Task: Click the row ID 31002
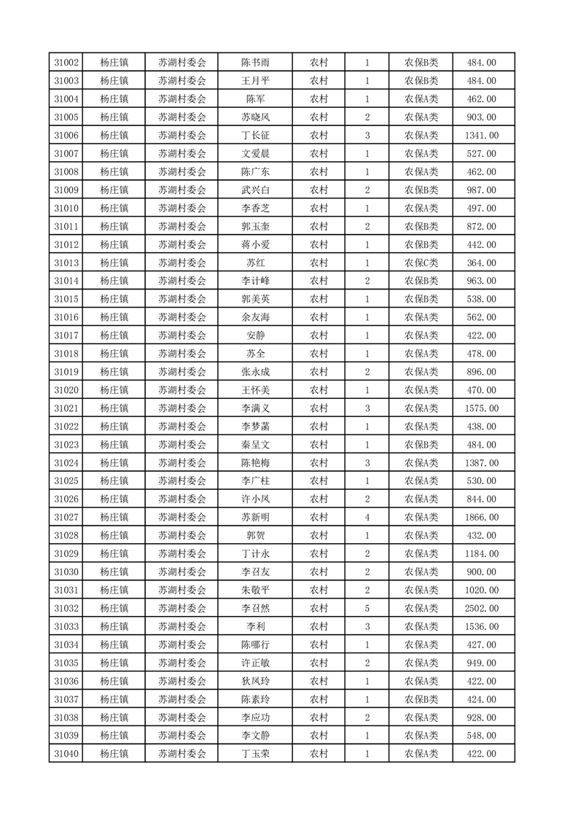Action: [x=66, y=63]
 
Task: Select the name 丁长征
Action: [x=255, y=136]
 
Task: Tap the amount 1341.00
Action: [x=481, y=136]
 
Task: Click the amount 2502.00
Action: [x=481, y=608]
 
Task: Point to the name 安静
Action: [x=255, y=335]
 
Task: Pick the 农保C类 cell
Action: [x=421, y=262]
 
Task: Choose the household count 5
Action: [x=367, y=608]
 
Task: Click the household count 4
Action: [x=367, y=517]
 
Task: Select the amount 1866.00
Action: [x=481, y=517]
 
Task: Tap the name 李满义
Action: [x=255, y=408]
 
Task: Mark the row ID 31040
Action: [x=66, y=754]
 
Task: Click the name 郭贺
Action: [x=255, y=535]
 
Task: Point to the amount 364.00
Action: [x=481, y=262]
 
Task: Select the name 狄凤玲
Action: [x=255, y=681]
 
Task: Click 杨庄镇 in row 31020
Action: [x=114, y=390]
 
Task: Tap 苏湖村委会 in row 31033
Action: [x=182, y=626]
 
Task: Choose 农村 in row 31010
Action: [x=319, y=209]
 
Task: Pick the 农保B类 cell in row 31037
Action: [x=421, y=699]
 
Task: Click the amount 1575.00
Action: [x=481, y=408]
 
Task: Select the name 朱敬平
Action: [x=255, y=590]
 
